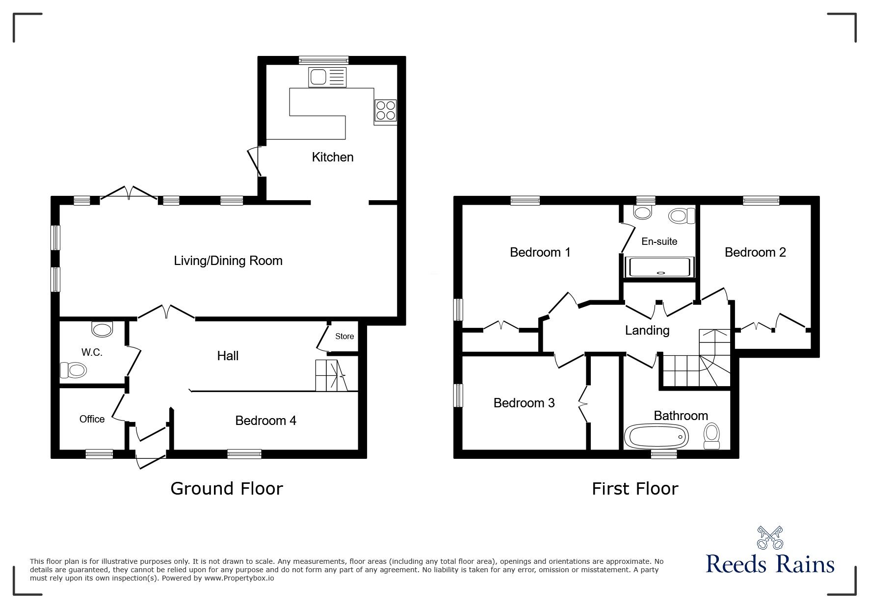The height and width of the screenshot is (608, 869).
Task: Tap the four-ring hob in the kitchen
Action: [385, 110]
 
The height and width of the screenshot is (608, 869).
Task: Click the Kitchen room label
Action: [333, 157]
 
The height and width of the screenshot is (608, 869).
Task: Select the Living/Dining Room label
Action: [228, 261]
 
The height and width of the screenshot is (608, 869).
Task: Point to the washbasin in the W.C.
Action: [102, 329]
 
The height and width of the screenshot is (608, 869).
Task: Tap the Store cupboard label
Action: [344, 336]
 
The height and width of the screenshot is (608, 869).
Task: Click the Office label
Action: [92, 419]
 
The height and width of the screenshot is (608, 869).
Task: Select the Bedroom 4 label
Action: [265, 421]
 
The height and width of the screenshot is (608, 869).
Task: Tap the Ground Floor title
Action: [227, 488]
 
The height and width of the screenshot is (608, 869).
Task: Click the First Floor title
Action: [634, 488]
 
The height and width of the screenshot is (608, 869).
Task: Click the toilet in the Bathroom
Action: [711, 436]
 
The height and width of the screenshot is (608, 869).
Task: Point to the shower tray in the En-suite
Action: [661, 267]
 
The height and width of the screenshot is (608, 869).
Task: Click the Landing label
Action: [647, 330]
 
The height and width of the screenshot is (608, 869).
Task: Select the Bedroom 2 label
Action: [755, 252]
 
